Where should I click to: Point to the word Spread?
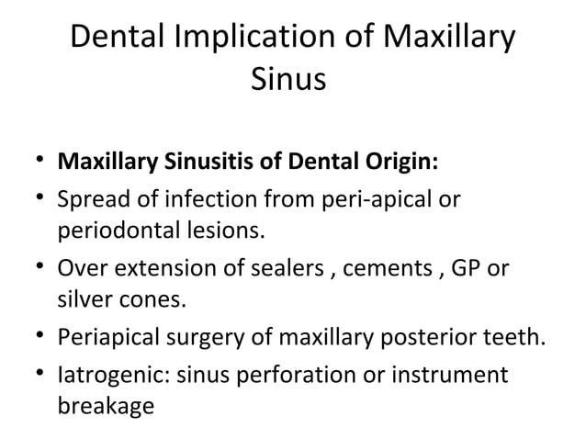click(x=90, y=197)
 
